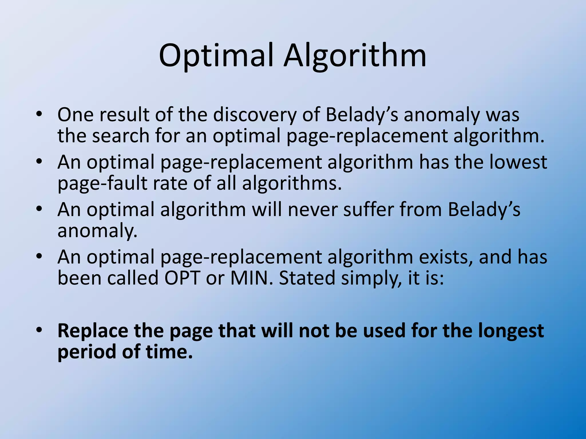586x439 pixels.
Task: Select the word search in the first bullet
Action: pos(121,136)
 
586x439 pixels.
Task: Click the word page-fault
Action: pos(102,183)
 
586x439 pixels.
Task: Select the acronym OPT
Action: pos(181,278)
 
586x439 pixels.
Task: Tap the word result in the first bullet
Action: pos(124,115)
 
